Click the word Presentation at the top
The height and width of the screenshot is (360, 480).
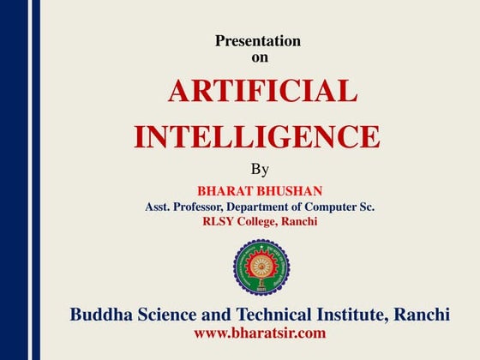coord(258,40)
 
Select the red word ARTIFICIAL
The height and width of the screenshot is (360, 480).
coord(262,91)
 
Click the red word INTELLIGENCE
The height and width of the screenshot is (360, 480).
coord(257,137)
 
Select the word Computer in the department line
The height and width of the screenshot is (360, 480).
coord(329,207)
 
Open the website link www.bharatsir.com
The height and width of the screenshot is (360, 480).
coord(260,333)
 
